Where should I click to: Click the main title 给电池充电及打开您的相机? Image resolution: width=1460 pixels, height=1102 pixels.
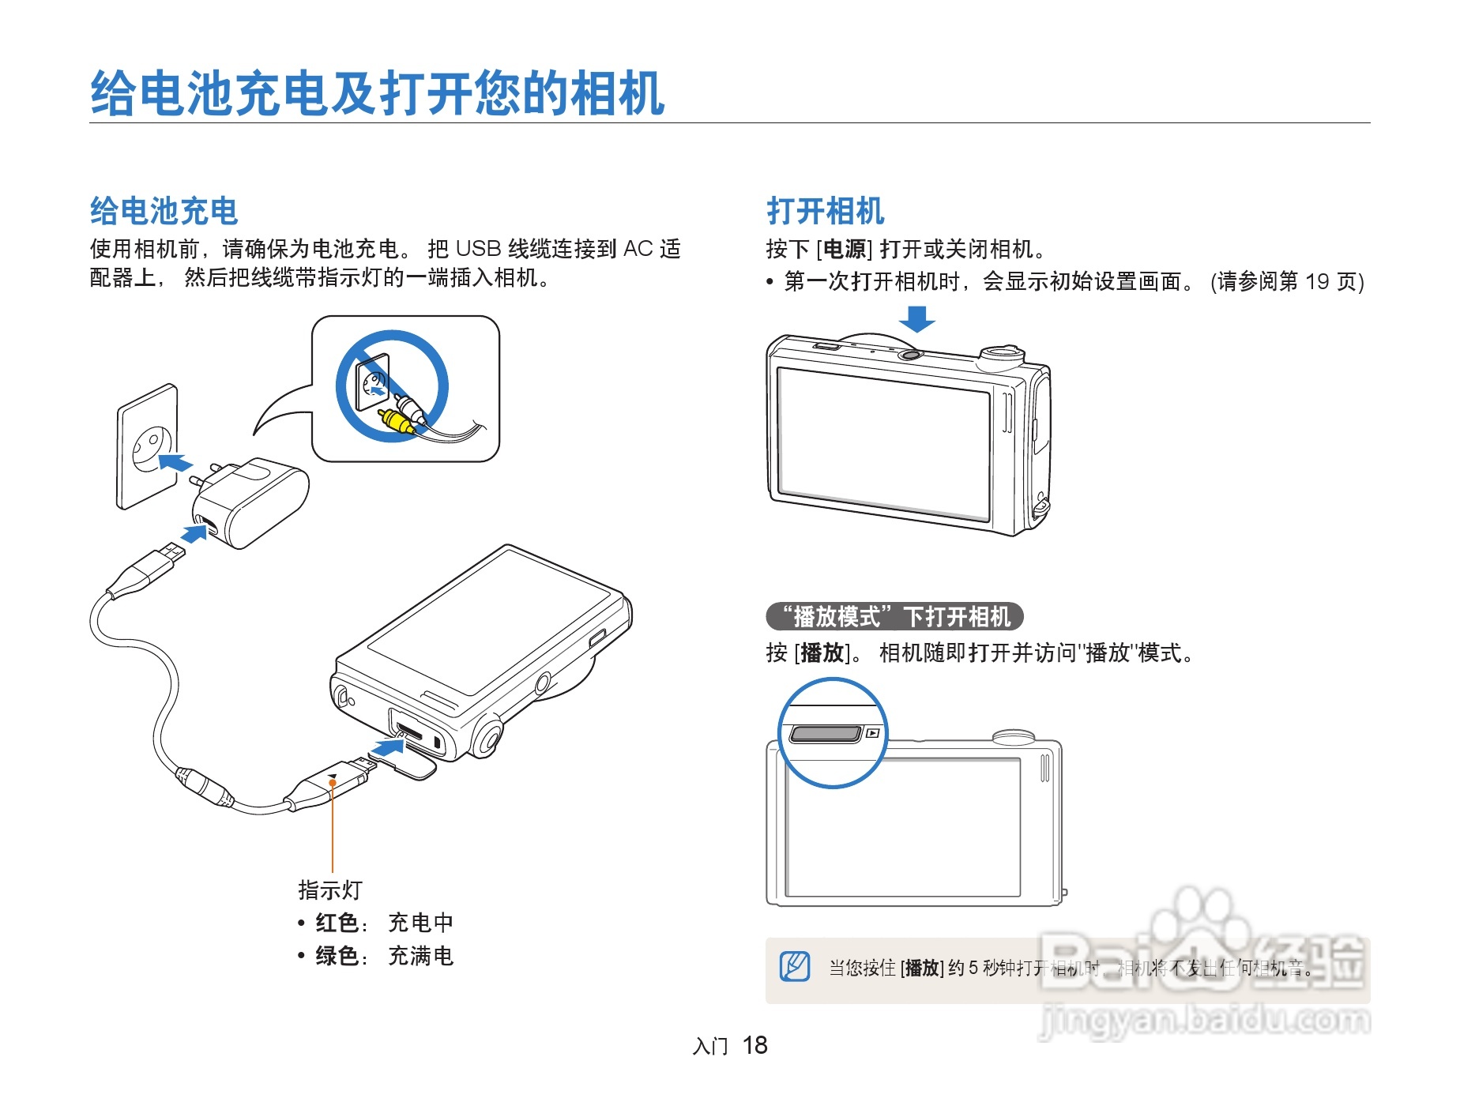(377, 94)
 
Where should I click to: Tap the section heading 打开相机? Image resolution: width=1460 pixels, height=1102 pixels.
(825, 211)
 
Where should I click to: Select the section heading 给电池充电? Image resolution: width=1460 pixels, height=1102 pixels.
(164, 211)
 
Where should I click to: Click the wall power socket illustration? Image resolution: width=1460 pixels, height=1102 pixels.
(148, 446)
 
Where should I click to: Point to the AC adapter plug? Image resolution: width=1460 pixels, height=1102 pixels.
(249, 502)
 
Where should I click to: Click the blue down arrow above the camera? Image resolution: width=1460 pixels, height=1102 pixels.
(916, 319)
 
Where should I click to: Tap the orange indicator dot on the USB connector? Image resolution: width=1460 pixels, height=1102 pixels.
(333, 783)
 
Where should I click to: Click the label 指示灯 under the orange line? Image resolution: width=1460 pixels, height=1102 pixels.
(329, 890)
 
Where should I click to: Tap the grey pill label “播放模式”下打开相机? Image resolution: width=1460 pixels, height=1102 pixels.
(894, 616)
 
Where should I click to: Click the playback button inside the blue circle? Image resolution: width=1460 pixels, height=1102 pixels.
(826, 734)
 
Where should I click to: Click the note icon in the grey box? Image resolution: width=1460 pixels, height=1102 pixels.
(795, 966)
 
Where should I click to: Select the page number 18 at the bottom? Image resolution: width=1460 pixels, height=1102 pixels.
(754, 1045)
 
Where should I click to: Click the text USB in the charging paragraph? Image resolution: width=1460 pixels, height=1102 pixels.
(478, 249)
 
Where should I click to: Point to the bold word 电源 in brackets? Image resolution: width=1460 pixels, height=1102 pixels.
(845, 250)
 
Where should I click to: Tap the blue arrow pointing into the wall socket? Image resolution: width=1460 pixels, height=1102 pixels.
(175, 461)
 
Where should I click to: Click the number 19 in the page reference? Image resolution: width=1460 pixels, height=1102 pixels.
(1317, 282)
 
